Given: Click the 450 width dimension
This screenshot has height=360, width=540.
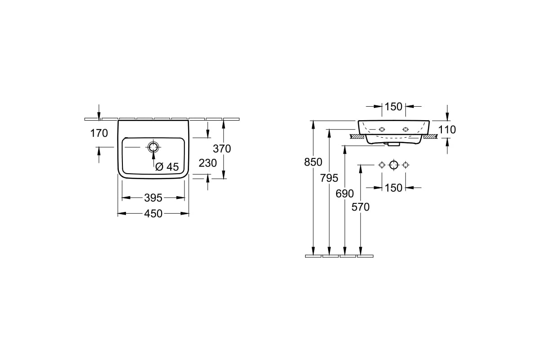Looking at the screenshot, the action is point(153,214).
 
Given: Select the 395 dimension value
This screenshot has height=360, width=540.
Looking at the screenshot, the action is point(153,198).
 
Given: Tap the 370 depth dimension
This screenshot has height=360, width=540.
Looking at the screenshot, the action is point(222,149).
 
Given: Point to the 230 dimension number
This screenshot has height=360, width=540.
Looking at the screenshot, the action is point(207,163).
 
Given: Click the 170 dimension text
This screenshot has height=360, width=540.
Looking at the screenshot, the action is point(99,133).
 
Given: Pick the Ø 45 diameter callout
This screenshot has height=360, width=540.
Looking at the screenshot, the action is point(167,166).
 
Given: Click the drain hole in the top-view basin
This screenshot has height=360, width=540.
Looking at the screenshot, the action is point(153,147).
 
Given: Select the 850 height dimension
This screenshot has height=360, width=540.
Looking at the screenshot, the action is point(313,162).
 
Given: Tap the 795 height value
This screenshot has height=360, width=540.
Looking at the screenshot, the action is point(329,178).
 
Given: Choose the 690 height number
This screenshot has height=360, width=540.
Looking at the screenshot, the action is point(345,193).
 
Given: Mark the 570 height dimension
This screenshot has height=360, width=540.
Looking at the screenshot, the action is point(360,207).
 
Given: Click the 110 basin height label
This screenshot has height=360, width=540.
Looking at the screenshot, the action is point(447,130).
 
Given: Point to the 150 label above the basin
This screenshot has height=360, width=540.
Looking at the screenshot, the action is point(393,107).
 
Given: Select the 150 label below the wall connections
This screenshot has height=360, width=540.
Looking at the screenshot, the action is point(393,188).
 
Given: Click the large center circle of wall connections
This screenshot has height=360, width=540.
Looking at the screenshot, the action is point(394,165).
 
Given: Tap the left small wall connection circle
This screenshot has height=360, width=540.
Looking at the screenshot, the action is point(382,165).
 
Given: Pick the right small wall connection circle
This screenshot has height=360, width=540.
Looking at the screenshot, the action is point(406,165).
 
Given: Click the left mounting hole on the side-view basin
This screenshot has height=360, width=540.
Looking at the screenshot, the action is point(382,130).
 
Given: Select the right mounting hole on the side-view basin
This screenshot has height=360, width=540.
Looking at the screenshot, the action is point(406,130).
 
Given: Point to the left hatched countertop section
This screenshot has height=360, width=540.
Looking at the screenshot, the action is point(358,136).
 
